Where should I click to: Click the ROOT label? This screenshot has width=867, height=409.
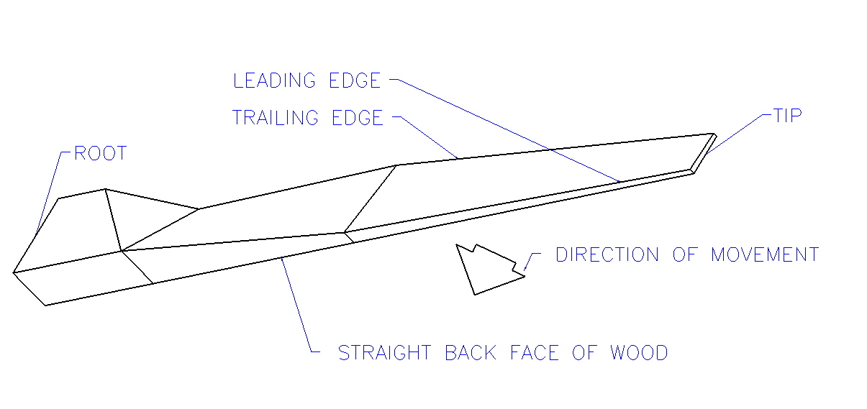[100, 154]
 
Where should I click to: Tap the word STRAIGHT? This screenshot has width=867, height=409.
[385, 353]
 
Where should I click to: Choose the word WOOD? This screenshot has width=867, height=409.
[639, 353]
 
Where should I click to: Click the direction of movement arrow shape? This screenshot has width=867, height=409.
[486, 270]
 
